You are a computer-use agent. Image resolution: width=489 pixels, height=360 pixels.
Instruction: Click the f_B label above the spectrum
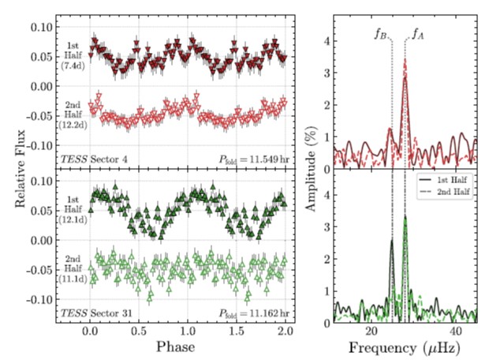380,35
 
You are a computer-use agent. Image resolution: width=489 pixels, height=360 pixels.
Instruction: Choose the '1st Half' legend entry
450,180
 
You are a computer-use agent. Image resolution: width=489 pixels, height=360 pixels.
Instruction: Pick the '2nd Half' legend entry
451,192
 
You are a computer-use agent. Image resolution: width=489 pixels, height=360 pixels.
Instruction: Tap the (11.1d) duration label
72,279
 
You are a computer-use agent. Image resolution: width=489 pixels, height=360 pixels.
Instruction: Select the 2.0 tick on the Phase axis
286,332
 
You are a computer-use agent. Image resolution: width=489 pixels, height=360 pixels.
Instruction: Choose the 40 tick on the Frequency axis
456,332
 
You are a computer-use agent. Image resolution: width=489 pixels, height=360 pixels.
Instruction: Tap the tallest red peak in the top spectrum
405,60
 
